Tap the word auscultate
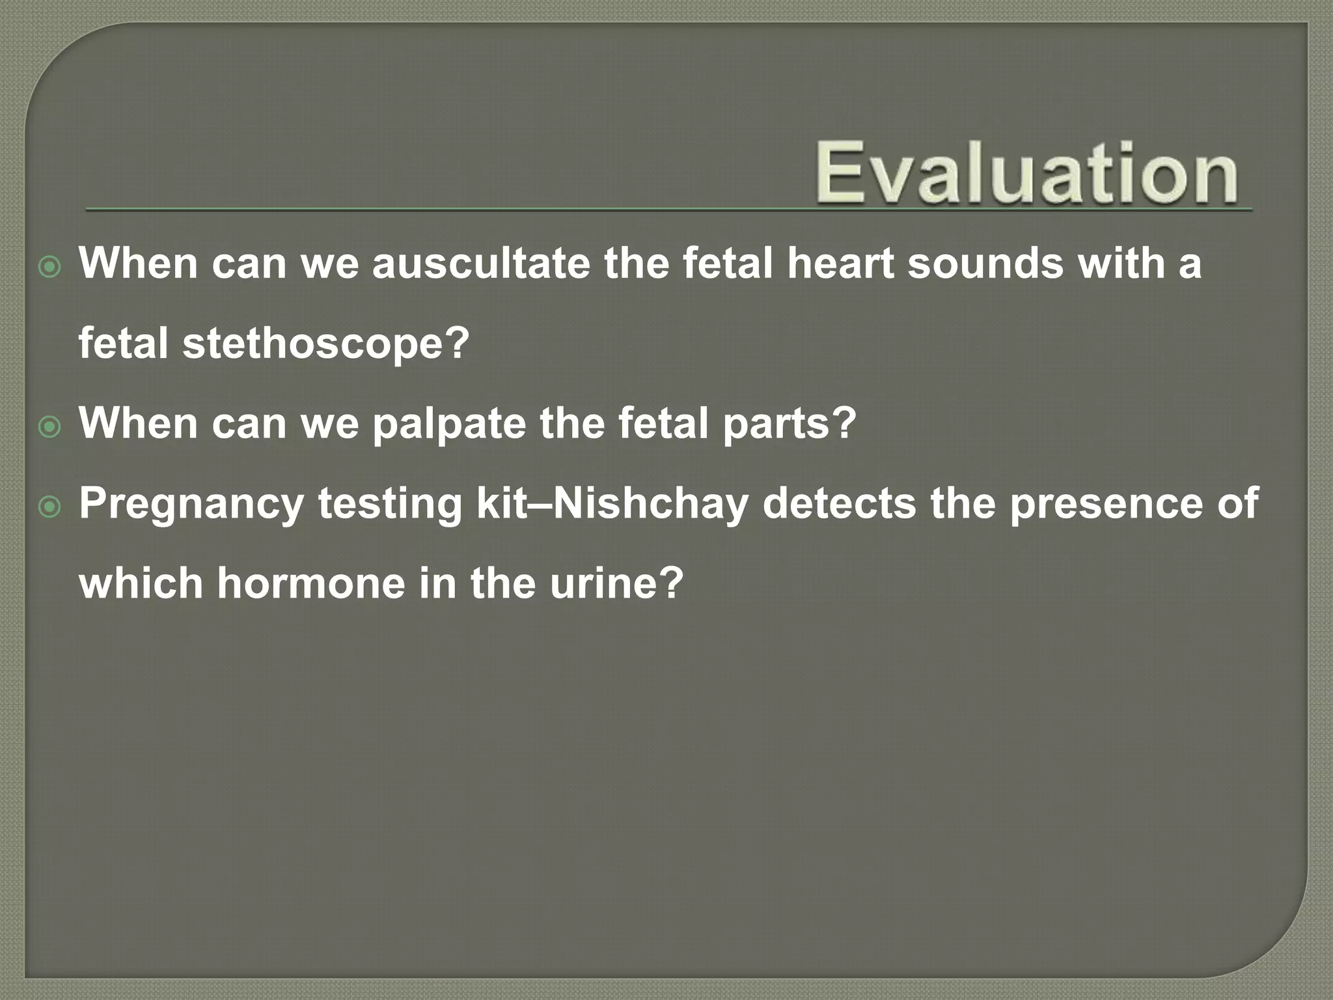tap(481, 264)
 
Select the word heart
tap(840, 264)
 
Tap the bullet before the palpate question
tap(49, 428)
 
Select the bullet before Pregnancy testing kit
tap(49, 507)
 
